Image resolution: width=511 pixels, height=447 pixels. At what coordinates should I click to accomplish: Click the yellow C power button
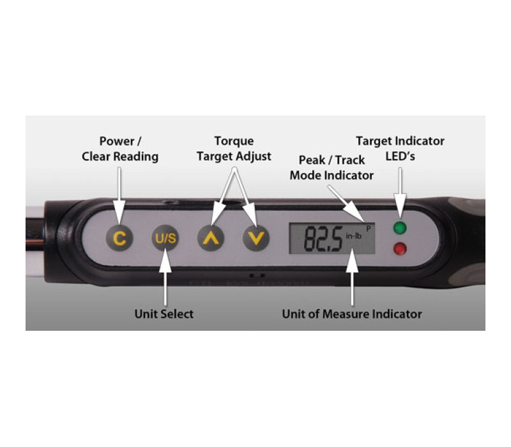(x=119, y=238)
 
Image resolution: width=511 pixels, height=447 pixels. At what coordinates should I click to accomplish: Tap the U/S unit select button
(x=165, y=238)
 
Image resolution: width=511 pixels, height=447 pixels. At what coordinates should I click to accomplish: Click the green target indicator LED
(x=400, y=228)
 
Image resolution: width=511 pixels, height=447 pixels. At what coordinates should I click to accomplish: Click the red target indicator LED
(x=400, y=249)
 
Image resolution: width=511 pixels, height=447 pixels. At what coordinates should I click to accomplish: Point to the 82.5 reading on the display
(x=323, y=238)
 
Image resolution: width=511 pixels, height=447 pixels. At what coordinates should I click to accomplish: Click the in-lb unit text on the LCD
(x=354, y=236)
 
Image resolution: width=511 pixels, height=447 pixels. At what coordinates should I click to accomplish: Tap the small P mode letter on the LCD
(x=369, y=229)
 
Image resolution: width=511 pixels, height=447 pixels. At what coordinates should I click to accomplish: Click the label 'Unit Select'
(x=164, y=314)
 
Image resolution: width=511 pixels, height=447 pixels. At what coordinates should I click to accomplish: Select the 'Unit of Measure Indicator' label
(x=352, y=314)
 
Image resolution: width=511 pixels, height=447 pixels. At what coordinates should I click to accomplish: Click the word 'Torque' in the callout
(x=234, y=141)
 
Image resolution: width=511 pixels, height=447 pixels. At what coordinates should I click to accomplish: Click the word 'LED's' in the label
(x=400, y=156)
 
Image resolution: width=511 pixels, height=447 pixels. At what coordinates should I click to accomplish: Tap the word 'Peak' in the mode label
(x=312, y=160)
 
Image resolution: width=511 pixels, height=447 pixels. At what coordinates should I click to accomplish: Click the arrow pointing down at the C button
(x=119, y=195)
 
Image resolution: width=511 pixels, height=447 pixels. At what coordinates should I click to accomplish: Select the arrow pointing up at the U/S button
(x=165, y=277)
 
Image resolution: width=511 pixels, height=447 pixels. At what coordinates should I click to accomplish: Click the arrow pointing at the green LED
(x=400, y=195)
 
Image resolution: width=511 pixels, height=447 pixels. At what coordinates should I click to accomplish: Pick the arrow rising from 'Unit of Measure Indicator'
(x=352, y=277)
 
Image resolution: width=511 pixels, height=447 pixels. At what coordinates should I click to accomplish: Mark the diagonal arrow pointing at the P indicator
(x=346, y=203)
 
